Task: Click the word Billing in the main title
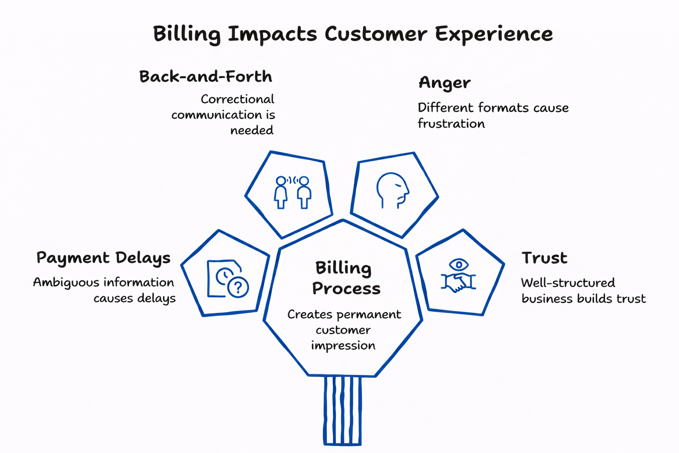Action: click(x=186, y=35)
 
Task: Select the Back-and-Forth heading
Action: click(x=206, y=77)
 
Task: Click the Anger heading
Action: click(x=444, y=83)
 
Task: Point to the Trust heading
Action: click(x=544, y=258)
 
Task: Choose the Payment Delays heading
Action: click(x=103, y=258)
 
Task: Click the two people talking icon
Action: click(x=292, y=192)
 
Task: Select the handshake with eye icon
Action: click(x=458, y=276)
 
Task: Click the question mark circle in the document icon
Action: click(x=238, y=288)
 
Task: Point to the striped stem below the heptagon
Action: click(x=343, y=411)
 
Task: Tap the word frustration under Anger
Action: click(x=451, y=123)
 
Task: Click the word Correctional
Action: click(x=237, y=99)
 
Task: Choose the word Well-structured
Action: click(x=568, y=283)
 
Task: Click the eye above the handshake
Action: click(x=459, y=265)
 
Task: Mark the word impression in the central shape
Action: click(x=343, y=346)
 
